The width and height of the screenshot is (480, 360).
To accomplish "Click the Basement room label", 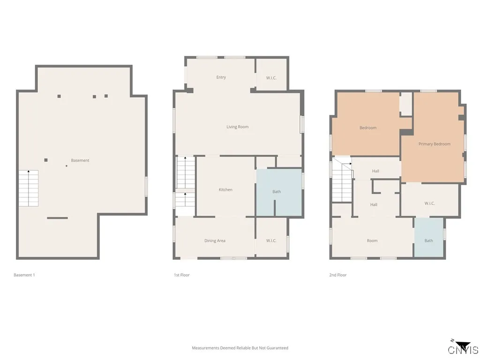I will [80, 160].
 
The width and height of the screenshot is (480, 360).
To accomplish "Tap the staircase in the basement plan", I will [28, 188].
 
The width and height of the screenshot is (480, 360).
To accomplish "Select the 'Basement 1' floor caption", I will [24, 275].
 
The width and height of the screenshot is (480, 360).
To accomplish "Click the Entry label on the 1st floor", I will [221, 77].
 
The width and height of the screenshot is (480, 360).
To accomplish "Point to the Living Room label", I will [238, 127].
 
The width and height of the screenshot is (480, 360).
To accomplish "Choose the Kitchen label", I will [225, 190].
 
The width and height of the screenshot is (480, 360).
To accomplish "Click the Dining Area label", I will [215, 241].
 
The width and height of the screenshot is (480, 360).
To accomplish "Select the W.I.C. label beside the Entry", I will [271, 78].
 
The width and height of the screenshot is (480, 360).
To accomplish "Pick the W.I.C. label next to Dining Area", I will [271, 241].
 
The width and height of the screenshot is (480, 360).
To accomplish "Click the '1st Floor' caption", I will [182, 275].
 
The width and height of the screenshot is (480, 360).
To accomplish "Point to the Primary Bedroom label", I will [435, 144].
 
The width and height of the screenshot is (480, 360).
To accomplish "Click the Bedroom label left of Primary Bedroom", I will [368, 128].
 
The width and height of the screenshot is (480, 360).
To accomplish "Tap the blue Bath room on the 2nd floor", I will [428, 238].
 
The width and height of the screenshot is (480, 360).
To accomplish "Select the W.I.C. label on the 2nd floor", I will [430, 203].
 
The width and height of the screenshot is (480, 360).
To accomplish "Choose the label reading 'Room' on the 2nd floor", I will [372, 241].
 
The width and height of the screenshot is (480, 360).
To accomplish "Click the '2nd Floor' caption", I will [338, 275].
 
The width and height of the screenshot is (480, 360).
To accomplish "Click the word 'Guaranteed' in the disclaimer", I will [277, 348].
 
